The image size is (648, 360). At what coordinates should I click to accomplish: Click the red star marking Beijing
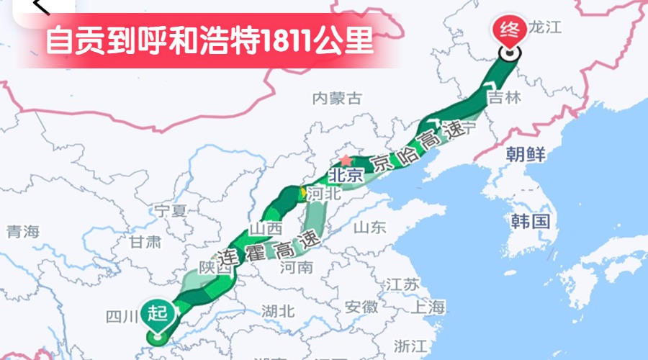click(346, 160)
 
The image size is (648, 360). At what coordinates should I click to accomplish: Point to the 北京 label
click(344, 175)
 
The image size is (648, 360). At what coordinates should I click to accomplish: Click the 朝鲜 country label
click(526, 153)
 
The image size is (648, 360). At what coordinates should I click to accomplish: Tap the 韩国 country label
click(531, 220)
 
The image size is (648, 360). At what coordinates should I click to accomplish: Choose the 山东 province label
click(370, 228)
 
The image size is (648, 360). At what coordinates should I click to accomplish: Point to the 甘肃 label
click(146, 242)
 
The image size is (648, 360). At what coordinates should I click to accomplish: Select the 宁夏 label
click(171, 211)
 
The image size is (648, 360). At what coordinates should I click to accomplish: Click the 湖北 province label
click(279, 311)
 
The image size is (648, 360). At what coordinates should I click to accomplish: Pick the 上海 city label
click(428, 307)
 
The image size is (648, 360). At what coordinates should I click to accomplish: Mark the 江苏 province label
click(402, 284)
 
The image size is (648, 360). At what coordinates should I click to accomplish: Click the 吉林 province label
click(504, 98)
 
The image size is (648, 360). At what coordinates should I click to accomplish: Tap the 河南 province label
click(297, 268)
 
